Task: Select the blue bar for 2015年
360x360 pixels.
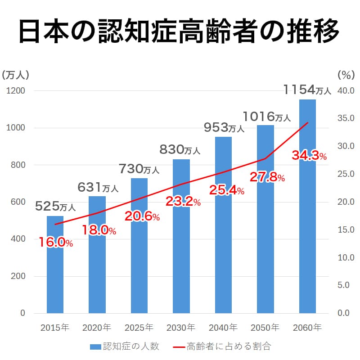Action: (x=55, y=270)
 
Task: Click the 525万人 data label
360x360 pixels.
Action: (x=55, y=207)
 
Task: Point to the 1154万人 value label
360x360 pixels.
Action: (x=307, y=90)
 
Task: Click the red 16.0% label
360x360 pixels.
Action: (x=55, y=243)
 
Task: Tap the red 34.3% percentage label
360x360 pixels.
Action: (x=309, y=156)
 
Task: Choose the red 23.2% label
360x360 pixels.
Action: (x=183, y=202)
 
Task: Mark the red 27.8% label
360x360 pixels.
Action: (x=267, y=177)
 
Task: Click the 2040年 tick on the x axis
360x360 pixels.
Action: (x=223, y=327)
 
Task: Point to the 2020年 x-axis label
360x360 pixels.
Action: (x=97, y=327)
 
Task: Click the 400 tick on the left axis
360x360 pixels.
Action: (x=18, y=239)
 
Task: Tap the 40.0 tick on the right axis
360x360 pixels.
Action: (x=346, y=91)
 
